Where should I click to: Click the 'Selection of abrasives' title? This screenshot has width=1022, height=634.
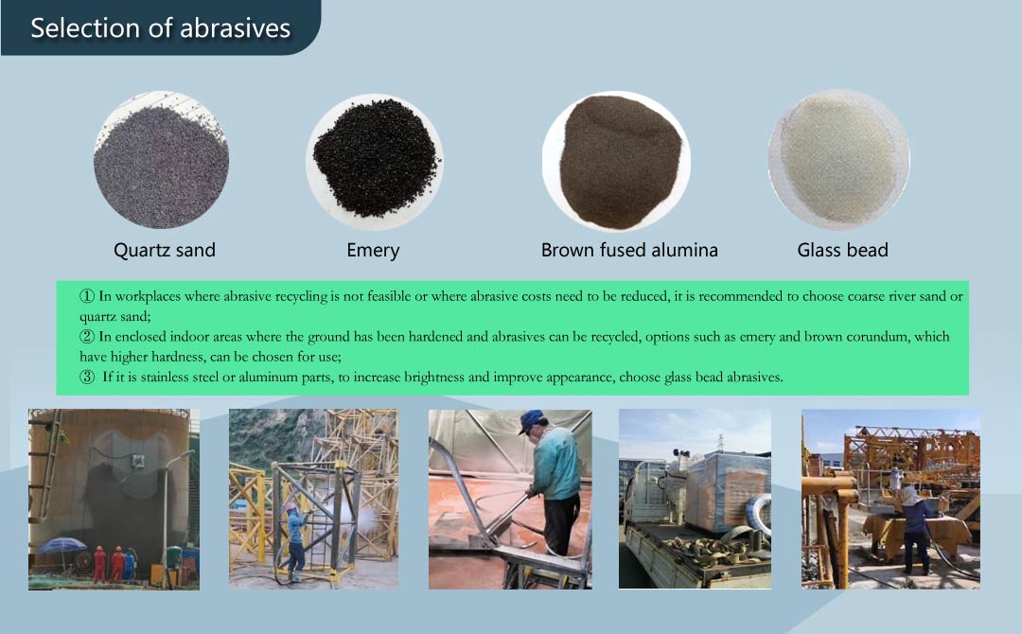(x=160, y=28)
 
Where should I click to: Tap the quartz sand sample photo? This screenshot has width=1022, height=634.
(x=161, y=160)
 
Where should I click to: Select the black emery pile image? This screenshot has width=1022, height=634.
(x=374, y=160)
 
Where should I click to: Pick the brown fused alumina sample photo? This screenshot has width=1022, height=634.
(x=617, y=160)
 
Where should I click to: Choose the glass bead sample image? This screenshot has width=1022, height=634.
(x=838, y=160)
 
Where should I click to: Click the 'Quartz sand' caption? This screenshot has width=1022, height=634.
(x=165, y=250)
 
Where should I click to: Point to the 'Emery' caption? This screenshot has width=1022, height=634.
(x=373, y=251)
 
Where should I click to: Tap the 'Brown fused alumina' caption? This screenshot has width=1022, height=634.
(x=629, y=250)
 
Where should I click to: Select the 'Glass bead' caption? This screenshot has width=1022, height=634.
(x=842, y=250)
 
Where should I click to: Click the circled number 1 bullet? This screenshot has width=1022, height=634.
(x=87, y=296)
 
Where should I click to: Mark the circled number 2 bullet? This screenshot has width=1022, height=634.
(x=87, y=337)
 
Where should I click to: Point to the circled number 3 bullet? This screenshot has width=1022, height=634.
(x=87, y=378)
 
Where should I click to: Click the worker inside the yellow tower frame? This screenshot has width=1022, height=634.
(x=296, y=542)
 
